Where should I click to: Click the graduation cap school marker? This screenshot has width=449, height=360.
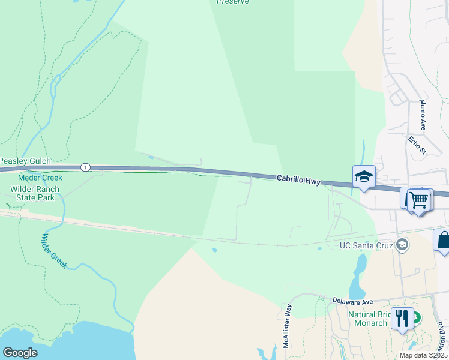tap(364, 176)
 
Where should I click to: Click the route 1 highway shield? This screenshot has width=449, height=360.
tap(86, 167)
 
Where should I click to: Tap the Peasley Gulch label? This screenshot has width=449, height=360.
tap(25, 161)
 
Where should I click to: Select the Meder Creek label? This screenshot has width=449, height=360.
tap(40, 178)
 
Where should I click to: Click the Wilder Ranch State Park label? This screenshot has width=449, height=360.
tap(35, 193)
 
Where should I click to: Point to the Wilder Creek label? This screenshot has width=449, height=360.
tap(53, 250)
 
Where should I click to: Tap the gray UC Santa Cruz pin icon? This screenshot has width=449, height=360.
tap(402, 244)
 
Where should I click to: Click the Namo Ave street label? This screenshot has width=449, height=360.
tap(423, 115)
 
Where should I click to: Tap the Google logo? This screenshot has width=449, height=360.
tap(20, 353)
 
